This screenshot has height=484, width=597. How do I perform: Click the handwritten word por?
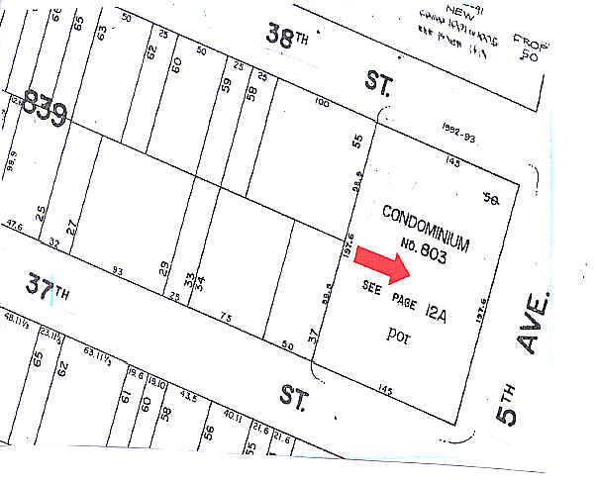[x=399, y=338]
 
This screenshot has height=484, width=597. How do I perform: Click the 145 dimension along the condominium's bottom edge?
[x=385, y=392]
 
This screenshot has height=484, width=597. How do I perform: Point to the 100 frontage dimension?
[x=321, y=101]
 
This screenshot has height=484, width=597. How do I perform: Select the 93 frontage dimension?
[x=118, y=271]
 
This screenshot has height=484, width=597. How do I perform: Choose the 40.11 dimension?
[x=234, y=416]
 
